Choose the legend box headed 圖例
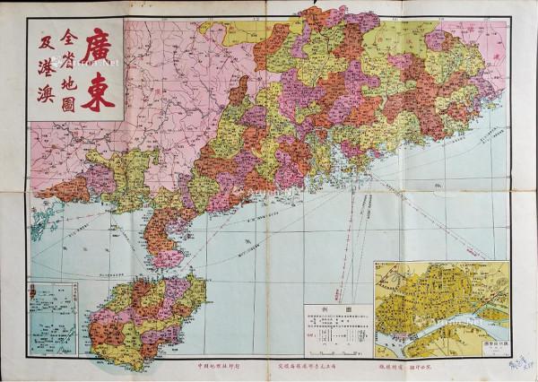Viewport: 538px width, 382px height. pos(337,328)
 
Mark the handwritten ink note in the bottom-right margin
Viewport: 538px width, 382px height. pos(521,363)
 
